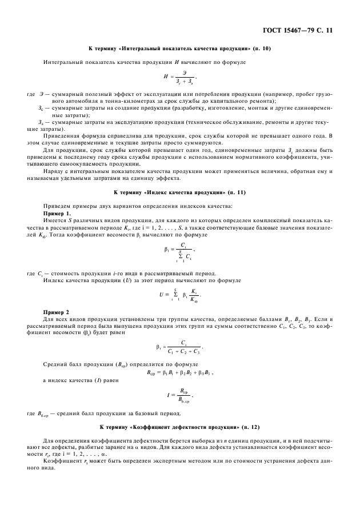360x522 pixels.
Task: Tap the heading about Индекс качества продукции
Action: [x=180, y=193]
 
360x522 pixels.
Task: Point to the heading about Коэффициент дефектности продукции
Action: [x=180, y=427]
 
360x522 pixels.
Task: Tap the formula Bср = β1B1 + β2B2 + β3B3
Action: [x=180, y=372]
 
